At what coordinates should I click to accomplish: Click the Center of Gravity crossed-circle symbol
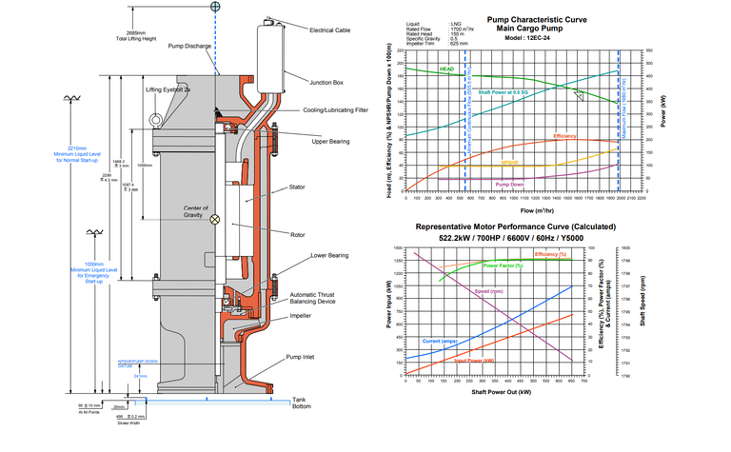point(214,220)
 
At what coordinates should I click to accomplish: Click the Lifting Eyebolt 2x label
point(168,89)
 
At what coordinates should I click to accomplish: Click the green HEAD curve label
point(448,69)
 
